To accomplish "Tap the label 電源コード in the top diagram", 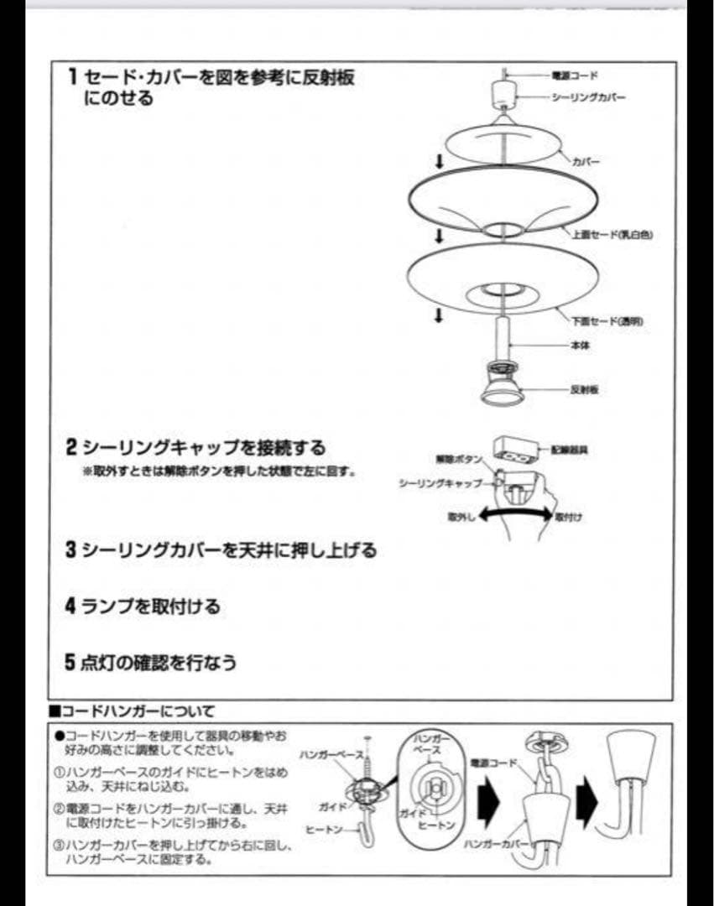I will pyautogui.click(x=575, y=75).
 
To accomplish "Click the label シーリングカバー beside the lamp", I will pyautogui.click(x=588, y=97).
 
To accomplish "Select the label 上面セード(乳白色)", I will pyautogui.click(x=612, y=235).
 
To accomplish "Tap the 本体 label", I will pyautogui.click(x=581, y=346).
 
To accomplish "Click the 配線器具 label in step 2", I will pyautogui.click(x=570, y=450).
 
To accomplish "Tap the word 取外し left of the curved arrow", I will pyautogui.click(x=461, y=518).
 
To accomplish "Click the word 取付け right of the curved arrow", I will pyautogui.click(x=568, y=518).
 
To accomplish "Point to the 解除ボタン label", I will pyautogui.click(x=459, y=460).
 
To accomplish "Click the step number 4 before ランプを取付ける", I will pyautogui.click(x=71, y=605).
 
